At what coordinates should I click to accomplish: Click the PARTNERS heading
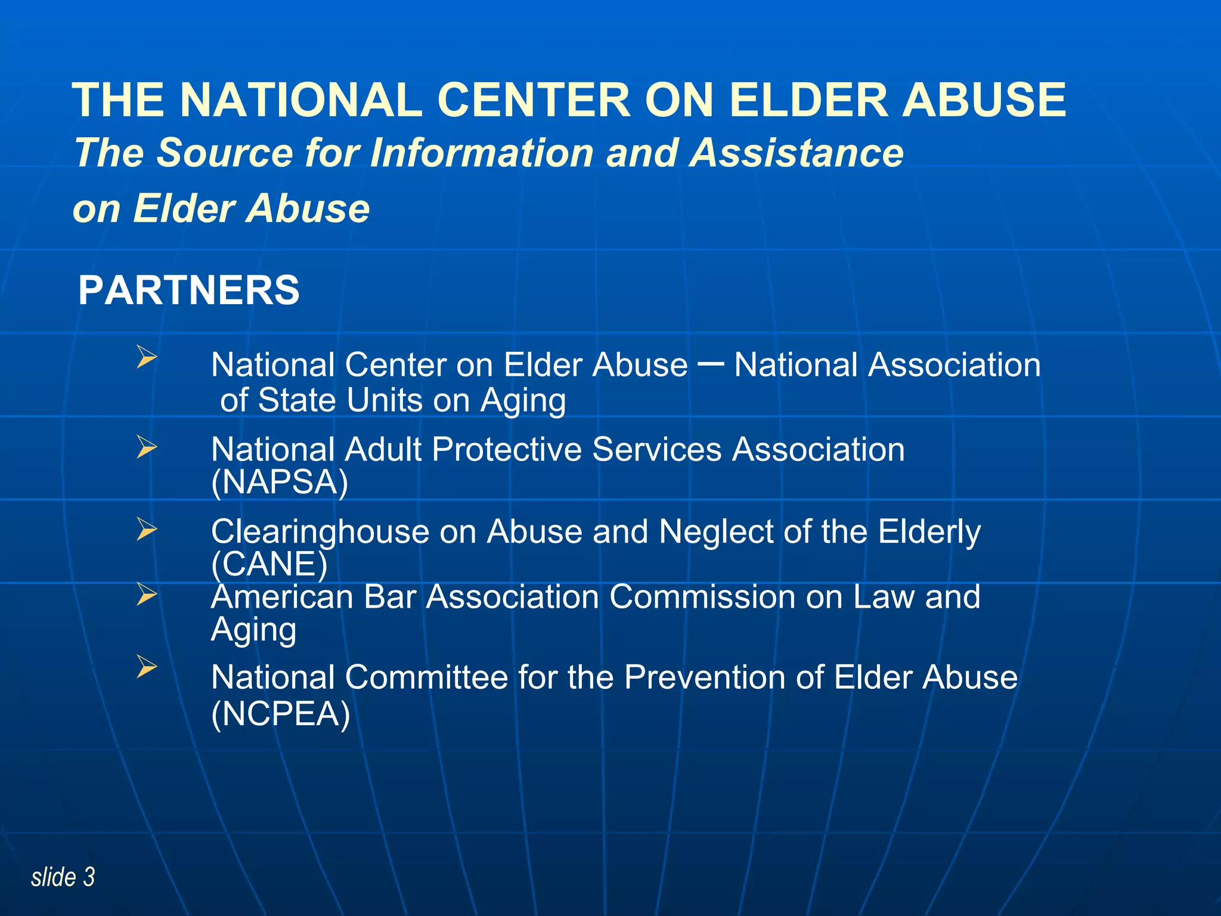pos(188,290)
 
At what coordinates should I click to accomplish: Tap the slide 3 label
pos(63,877)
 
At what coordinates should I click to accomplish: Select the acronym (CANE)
pos(269,564)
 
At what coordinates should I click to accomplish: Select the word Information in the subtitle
pos(481,153)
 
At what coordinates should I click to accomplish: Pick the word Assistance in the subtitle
pos(797,153)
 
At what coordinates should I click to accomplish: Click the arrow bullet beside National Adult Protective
pos(146,447)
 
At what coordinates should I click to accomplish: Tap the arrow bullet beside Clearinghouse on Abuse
pos(146,529)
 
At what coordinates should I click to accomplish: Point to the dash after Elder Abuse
pos(711,363)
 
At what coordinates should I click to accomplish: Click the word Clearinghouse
pos(320,531)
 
